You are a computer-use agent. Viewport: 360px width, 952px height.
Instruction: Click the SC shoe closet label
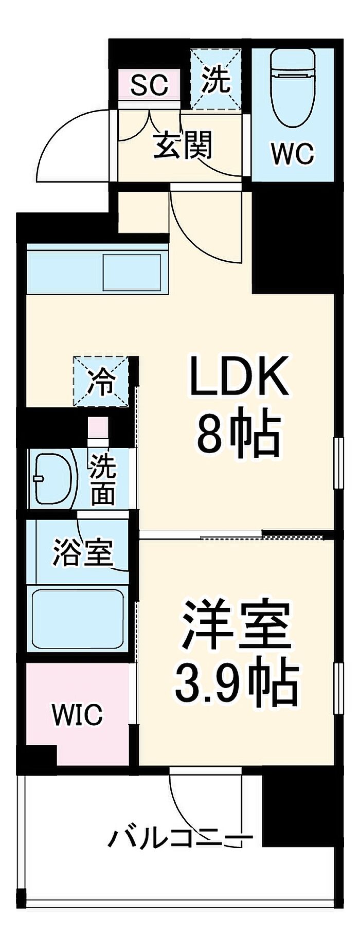(149, 85)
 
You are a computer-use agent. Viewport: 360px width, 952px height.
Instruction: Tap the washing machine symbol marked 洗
(216, 79)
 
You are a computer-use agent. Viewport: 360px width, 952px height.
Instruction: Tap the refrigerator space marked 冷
(101, 382)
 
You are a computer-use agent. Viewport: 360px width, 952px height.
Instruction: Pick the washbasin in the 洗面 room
(53, 478)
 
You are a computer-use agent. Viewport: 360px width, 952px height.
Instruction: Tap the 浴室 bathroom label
(83, 553)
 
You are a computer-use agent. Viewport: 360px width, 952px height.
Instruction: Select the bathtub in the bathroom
(78, 619)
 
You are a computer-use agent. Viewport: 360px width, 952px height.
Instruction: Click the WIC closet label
(78, 714)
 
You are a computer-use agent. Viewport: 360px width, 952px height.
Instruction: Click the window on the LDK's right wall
(338, 462)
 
